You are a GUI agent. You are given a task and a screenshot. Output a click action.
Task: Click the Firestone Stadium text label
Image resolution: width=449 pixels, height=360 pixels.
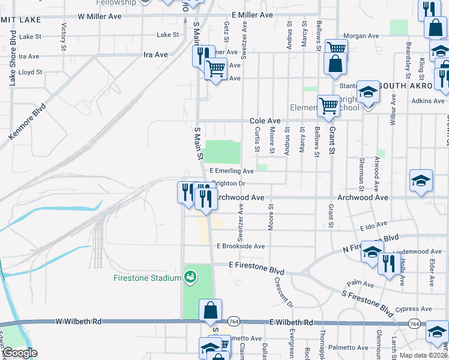pos(147,278)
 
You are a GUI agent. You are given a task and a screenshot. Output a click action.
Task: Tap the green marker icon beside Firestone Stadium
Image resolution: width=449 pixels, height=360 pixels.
pos(190,277)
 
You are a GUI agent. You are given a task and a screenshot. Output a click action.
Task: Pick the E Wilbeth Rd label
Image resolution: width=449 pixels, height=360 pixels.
pos(291,322)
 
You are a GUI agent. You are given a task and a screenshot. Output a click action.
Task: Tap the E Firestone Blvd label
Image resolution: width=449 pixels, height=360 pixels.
pos(256,265)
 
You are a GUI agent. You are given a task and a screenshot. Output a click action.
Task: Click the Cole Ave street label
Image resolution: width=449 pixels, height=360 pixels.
pos(265,121)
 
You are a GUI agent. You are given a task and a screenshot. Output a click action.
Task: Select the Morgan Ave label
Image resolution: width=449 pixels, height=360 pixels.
pos(361,36)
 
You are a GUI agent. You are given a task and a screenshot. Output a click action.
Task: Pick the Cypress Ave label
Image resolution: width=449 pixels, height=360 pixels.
pos(418,309)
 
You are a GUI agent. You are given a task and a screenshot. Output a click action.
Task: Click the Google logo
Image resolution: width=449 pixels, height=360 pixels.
pos(19,353)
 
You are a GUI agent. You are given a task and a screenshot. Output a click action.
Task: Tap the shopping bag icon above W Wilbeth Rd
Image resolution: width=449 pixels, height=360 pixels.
pos(210,310)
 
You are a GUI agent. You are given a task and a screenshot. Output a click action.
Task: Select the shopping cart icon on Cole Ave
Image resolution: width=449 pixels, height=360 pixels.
pos(328,106)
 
